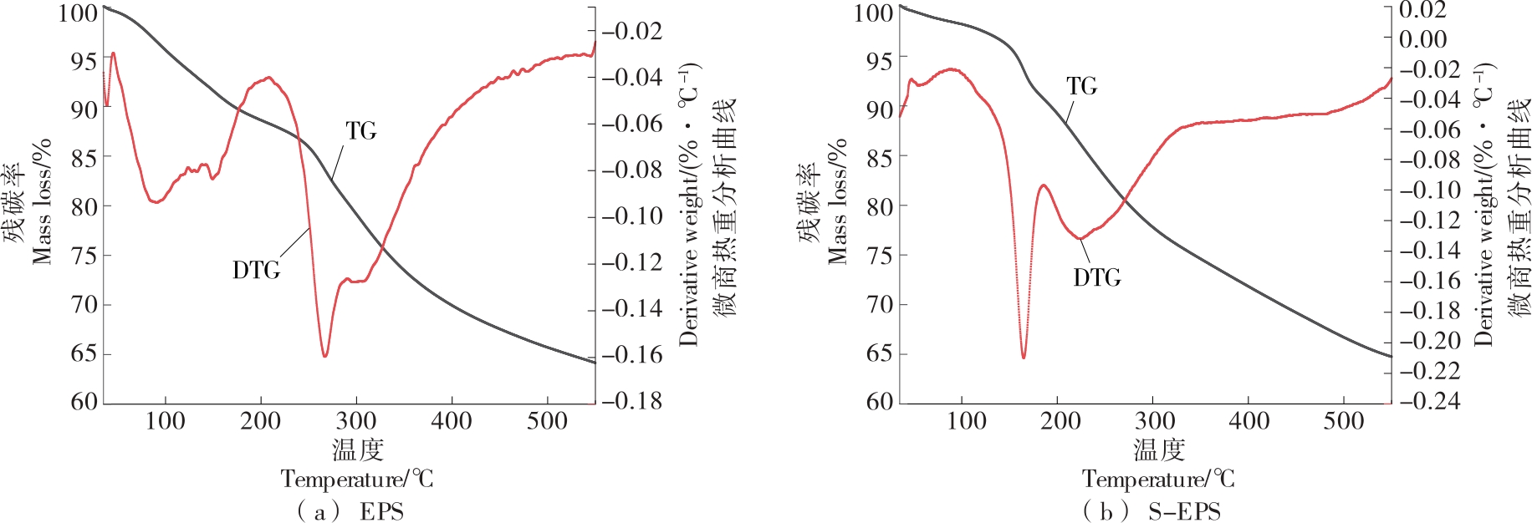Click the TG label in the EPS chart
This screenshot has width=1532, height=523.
click(361, 131)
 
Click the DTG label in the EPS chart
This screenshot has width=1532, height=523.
click(256, 271)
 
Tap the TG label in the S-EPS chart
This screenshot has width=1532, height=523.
click(1081, 87)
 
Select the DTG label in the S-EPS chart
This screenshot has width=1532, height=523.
click(1096, 277)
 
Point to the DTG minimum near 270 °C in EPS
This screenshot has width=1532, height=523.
click(324, 356)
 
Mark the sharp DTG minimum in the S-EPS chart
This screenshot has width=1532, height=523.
click(1024, 358)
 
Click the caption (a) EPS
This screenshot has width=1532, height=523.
click(350, 510)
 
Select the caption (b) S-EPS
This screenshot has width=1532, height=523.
click(1151, 510)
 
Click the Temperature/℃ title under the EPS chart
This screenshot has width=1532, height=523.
click(357, 480)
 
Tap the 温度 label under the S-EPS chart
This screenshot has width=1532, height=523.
click(1159, 450)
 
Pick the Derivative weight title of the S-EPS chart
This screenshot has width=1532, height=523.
click(1483, 205)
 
